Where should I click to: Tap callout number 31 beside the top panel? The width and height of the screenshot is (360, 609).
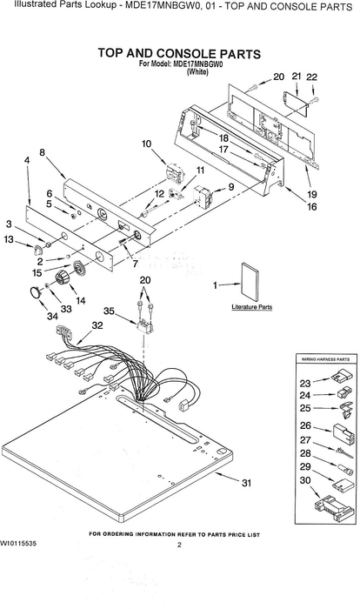click(246, 483)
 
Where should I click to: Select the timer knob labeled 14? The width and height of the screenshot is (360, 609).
click(62, 278)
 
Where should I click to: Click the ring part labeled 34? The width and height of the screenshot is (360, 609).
click(35, 292)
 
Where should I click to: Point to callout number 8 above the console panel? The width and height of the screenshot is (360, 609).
click(42, 152)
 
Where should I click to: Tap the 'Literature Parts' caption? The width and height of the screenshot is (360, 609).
click(251, 307)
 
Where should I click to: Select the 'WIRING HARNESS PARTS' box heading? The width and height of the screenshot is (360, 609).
click(325, 359)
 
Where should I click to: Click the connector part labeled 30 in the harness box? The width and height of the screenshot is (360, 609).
click(333, 507)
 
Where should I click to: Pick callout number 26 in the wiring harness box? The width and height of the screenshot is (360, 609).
click(305, 425)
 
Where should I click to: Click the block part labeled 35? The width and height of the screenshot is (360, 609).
click(144, 325)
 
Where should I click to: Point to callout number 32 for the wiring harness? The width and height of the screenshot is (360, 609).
click(97, 325)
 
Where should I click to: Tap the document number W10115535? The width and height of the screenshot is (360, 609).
click(18, 544)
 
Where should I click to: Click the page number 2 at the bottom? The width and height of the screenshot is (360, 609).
click(179, 545)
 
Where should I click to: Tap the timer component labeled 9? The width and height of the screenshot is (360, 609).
click(203, 196)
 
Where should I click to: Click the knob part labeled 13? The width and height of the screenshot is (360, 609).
click(38, 249)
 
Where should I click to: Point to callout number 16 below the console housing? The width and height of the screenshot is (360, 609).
click(311, 206)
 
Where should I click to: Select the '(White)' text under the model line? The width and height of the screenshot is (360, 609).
click(197, 72)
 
